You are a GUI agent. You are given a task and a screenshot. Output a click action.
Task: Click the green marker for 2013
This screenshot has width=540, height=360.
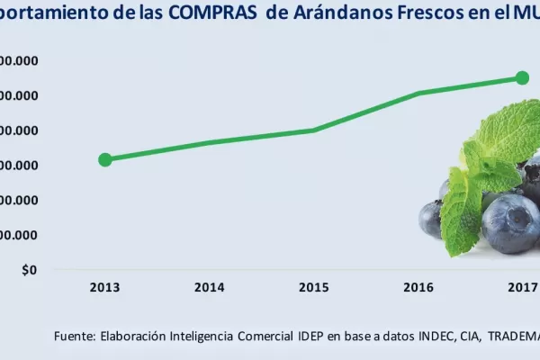(105, 159)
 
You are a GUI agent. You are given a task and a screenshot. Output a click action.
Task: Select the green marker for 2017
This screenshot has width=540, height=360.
(522, 77)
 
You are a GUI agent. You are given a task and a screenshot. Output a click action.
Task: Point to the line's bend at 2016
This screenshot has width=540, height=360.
(419, 93)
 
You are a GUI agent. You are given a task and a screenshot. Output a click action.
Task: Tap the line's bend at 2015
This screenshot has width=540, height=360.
(313, 130)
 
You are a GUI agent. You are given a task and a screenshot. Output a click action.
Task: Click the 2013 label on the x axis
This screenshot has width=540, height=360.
(105, 288)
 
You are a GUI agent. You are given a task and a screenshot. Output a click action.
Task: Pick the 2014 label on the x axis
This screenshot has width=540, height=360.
(210, 288)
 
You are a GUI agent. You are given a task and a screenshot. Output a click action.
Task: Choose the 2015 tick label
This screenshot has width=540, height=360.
(314, 288)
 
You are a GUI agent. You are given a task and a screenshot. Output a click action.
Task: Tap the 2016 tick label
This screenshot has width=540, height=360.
(418, 288)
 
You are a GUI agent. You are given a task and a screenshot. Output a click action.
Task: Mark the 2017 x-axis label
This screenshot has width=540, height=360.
(523, 288)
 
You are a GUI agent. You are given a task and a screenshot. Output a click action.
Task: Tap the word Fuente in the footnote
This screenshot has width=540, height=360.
(75, 336)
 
